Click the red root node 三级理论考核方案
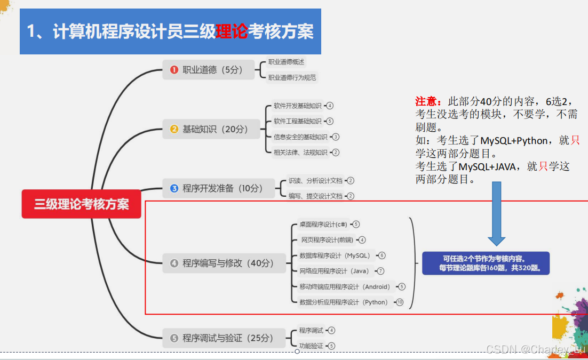pyautogui.click(x=81, y=204)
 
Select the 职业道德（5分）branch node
pyautogui.click(x=209, y=70)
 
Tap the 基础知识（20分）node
pyautogui.click(x=209, y=129)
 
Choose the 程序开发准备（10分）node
pyautogui.click(x=216, y=188)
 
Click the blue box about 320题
pyautogui.click(x=486, y=263)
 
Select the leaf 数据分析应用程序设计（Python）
pyautogui.click(x=344, y=302)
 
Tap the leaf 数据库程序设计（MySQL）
pyautogui.click(x=335, y=255)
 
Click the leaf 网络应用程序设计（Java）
pyautogui.click(x=334, y=271)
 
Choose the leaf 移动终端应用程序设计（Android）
pyautogui.click(x=345, y=287)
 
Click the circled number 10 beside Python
pyautogui.click(x=399, y=302)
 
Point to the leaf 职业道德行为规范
pyautogui.click(x=292, y=78)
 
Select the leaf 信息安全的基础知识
pyautogui.click(x=300, y=137)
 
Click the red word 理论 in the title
pyautogui.click(x=232, y=31)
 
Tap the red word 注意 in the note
pyautogui.click(x=427, y=101)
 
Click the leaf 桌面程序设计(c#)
pyautogui.click(x=323, y=225)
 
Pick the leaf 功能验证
pyautogui.click(x=311, y=346)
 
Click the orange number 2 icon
pyautogui.click(x=174, y=129)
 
